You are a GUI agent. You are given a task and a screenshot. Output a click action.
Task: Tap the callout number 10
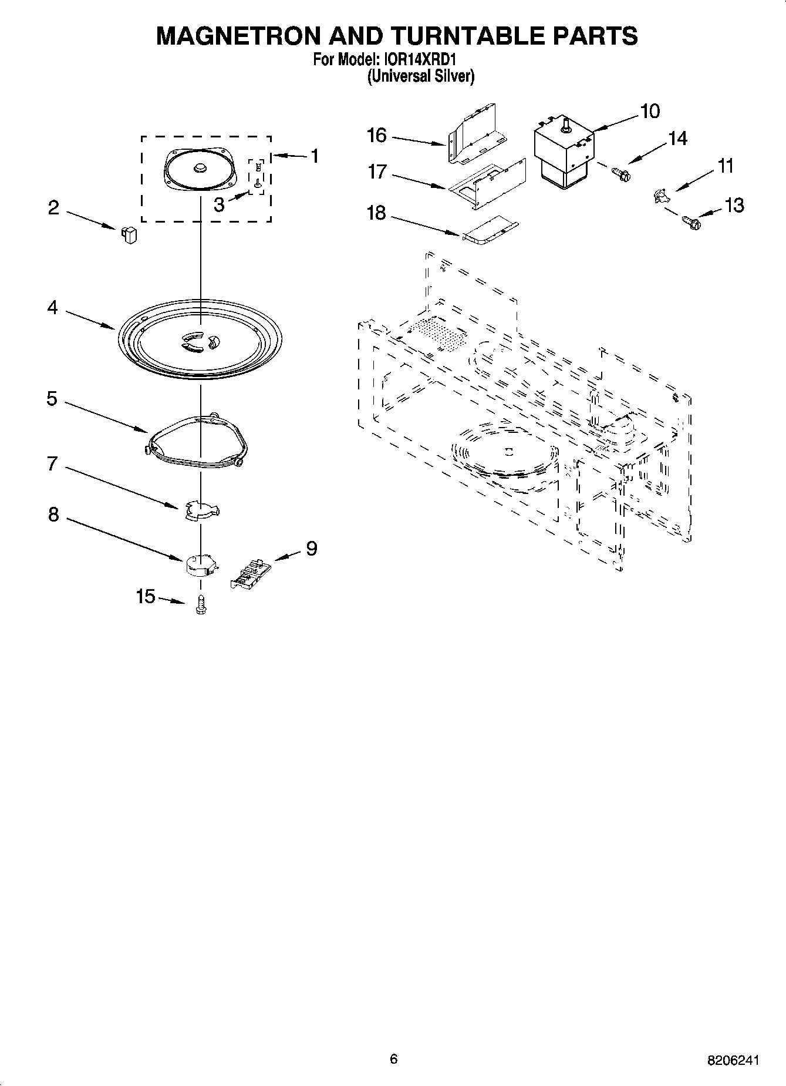click(650, 110)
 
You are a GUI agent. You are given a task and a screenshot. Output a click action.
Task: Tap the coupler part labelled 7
click(201, 509)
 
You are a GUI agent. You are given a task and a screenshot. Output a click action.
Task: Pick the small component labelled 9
click(249, 573)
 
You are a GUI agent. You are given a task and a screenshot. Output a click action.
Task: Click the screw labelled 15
click(201, 605)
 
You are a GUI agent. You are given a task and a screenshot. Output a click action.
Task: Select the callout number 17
click(377, 172)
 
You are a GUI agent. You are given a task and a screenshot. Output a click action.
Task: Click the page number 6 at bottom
click(393, 1059)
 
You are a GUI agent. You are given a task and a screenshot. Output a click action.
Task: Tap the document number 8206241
click(734, 1061)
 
